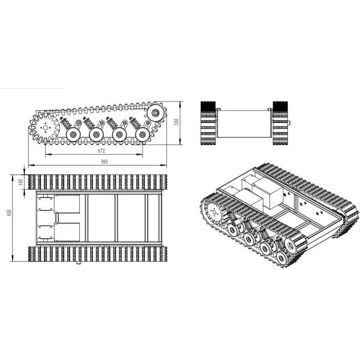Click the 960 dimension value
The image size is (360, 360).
pos(104,162)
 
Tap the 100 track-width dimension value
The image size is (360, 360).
pos(20,182)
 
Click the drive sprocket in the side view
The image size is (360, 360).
pos(43,128)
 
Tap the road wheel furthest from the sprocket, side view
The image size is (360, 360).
pos(142,135)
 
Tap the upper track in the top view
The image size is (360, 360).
pos(95,182)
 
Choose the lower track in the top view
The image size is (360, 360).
pos(95,253)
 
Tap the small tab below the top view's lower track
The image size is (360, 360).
pos(78,263)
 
